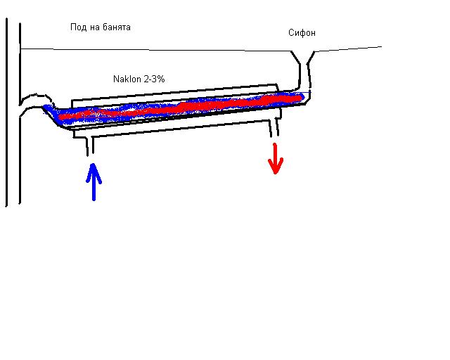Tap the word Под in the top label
point(77,27)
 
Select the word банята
point(116,27)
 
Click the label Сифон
point(302,33)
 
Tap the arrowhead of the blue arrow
point(91,169)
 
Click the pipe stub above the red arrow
point(275,128)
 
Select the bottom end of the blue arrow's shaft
point(92,199)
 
